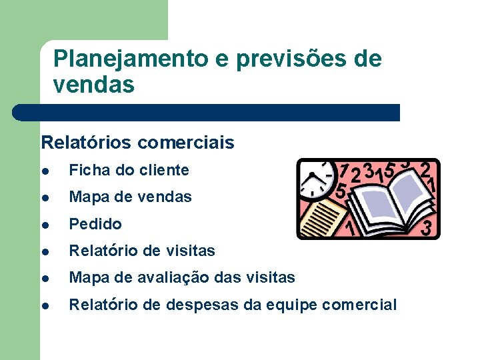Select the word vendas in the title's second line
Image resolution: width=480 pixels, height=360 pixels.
(x=94, y=85)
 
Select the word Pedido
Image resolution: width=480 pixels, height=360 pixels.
(x=95, y=224)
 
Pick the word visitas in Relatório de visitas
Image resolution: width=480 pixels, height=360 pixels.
(x=189, y=251)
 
